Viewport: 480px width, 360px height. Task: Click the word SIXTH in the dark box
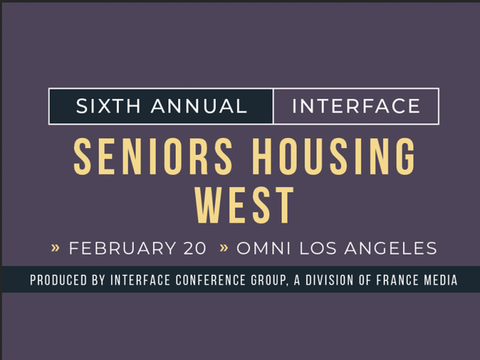[x=108, y=106]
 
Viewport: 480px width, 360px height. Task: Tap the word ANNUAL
[x=199, y=106]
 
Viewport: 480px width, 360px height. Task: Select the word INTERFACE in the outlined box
[x=356, y=106]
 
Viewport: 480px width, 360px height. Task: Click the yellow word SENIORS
[x=153, y=156]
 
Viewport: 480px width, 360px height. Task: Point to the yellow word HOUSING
[x=334, y=156]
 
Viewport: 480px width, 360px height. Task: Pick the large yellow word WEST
[x=244, y=205]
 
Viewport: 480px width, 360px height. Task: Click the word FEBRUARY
[x=122, y=248]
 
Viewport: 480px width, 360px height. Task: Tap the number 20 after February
[x=195, y=248]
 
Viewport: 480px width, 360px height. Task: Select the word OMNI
[x=264, y=248]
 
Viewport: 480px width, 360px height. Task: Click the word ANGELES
[x=391, y=248]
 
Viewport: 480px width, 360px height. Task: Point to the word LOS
[x=318, y=248]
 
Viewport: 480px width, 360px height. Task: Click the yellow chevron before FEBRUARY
[x=55, y=247]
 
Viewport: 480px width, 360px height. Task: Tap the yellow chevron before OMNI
[x=224, y=247]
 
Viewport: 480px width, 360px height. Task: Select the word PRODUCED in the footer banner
[x=59, y=280]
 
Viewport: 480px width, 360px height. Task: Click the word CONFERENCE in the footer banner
[x=211, y=280]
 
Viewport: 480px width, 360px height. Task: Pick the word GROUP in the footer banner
[x=269, y=281]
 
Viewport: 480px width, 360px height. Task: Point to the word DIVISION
[x=329, y=280]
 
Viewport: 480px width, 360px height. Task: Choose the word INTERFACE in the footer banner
[x=140, y=280]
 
